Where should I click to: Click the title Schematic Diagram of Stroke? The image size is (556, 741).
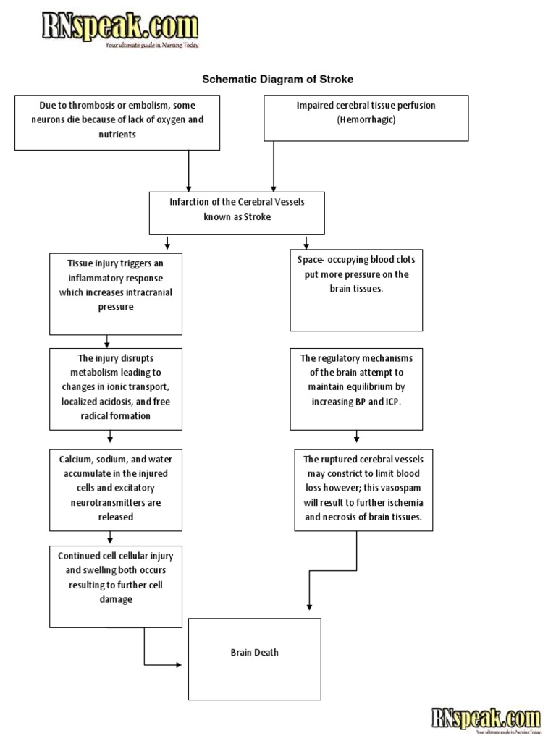[x=277, y=78]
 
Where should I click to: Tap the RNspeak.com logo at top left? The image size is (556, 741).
[x=119, y=29]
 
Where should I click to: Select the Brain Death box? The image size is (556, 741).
[x=254, y=659]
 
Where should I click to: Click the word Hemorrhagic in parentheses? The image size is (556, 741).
[x=366, y=119]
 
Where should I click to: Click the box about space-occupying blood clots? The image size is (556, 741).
[x=355, y=291]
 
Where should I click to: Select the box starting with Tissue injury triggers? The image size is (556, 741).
[x=115, y=292]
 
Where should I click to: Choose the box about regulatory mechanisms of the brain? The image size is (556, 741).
[x=355, y=389]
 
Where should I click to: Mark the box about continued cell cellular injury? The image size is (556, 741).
[x=115, y=586]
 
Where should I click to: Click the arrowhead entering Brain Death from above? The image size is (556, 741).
[x=309, y=606]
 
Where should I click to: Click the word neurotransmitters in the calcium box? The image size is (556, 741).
[x=116, y=503]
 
